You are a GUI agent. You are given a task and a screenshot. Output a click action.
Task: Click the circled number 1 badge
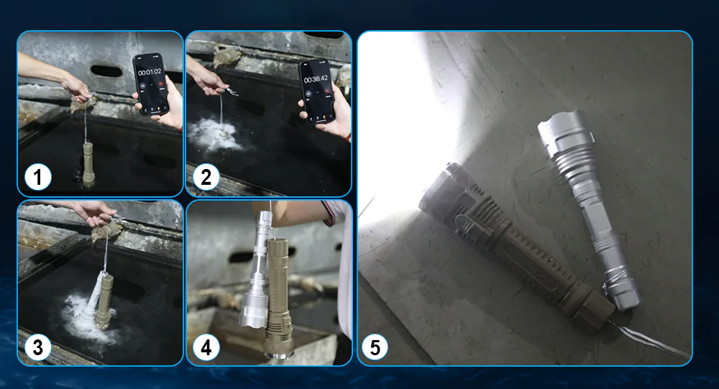[37, 177]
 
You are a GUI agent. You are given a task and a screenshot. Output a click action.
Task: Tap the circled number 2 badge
[206, 177]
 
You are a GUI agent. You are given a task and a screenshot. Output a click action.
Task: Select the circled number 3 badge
[37, 347]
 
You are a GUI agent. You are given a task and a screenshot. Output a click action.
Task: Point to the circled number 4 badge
[206, 347]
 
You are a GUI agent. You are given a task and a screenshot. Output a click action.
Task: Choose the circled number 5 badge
[375, 347]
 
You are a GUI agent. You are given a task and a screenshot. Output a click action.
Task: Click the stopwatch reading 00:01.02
[150, 72]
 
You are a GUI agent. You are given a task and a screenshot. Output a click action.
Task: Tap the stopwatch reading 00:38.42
[316, 79]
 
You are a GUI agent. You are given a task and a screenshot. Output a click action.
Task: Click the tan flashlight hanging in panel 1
[88, 164]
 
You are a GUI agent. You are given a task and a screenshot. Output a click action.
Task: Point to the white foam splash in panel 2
[214, 135]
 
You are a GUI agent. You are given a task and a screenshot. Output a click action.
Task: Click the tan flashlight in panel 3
[104, 301]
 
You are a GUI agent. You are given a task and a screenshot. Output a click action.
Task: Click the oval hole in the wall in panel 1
[106, 71]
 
